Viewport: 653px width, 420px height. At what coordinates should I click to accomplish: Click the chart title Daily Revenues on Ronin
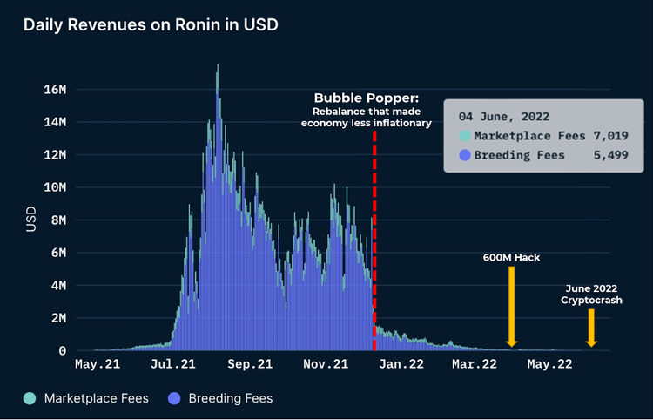pyautogui.click(x=151, y=24)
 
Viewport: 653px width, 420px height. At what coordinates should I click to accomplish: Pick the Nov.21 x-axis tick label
pyautogui.click(x=326, y=364)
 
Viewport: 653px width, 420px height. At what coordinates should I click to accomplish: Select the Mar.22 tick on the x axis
pyautogui.click(x=475, y=364)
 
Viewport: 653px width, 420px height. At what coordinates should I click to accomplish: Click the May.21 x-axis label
pyautogui.click(x=98, y=364)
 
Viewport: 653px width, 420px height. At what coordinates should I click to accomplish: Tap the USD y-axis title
pyautogui.click(x=31, y=218)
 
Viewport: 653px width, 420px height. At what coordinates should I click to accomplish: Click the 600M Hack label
pyautogui.click(x=511, y=258)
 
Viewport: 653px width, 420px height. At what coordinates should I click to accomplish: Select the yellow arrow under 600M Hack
pyautogui.click(x=511, y=305)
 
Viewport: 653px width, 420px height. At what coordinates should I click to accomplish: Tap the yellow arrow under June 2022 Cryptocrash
pyautogui.click(x=591, y=327)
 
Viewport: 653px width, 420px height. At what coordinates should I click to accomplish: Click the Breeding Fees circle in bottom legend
pyautogui.click(x=175, y=398)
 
